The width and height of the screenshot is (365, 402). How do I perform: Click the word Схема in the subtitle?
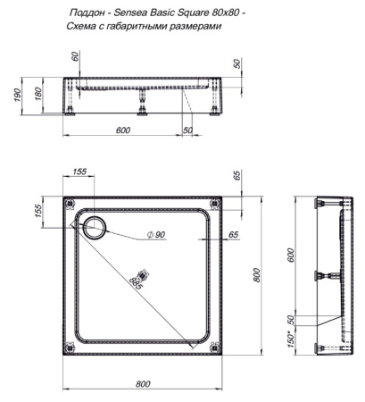(83, 28)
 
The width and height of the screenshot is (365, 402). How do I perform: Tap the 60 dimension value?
(76, 58)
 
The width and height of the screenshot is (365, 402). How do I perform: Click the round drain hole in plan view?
(92, 227)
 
